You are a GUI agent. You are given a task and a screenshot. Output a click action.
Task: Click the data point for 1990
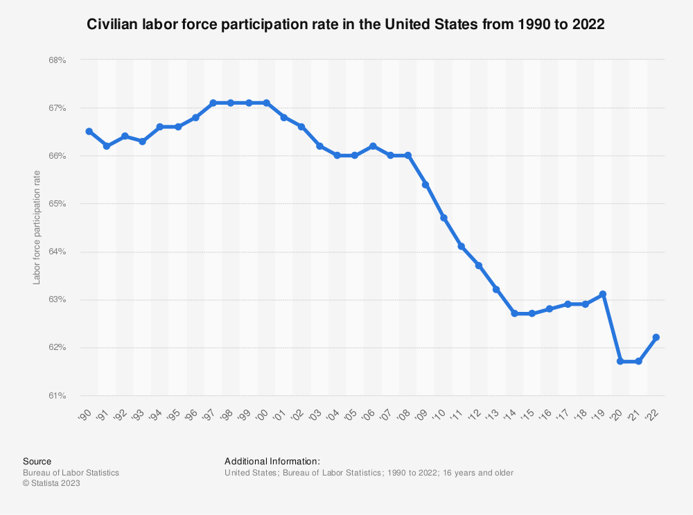89,131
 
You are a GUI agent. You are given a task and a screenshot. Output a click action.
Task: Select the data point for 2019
603,294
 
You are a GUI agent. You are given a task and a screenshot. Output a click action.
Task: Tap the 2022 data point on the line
656,338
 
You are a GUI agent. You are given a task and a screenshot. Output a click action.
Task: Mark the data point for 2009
426,184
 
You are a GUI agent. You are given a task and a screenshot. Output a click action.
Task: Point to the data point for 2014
514,313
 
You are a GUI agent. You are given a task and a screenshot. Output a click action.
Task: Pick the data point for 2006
372,146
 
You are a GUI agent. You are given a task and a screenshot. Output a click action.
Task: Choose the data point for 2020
621,361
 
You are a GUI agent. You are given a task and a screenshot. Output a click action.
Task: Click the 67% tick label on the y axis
57,108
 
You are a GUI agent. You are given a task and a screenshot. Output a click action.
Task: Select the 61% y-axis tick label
57,396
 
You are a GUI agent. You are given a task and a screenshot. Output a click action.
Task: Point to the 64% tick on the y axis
57,252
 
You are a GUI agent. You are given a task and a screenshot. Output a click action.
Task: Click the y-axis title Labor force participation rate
37,227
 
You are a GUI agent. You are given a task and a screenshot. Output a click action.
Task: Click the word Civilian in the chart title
112,24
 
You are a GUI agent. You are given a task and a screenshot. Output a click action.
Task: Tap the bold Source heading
37,461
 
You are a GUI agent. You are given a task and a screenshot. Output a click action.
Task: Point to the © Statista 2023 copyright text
51,484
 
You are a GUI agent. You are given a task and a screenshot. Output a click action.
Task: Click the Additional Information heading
272,461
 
